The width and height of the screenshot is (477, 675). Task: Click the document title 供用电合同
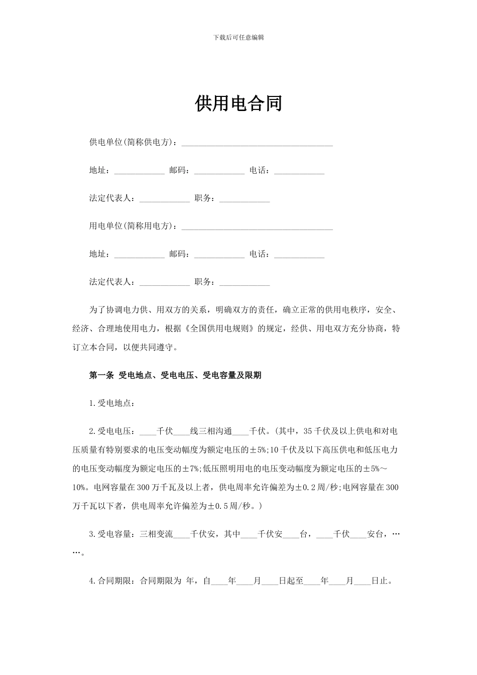coord(238,103)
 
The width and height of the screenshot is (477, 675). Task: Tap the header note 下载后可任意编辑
coord(238,37)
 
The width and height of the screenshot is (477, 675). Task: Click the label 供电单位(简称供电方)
coord(133,142)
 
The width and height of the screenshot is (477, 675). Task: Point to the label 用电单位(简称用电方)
coord(133,226)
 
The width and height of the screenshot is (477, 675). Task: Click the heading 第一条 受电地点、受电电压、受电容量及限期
coord(175,375)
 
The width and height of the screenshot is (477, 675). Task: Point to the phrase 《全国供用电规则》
coord(221,328)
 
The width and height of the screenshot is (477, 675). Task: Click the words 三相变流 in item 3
coord(157,534)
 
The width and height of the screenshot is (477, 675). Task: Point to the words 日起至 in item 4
coord(291,581)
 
